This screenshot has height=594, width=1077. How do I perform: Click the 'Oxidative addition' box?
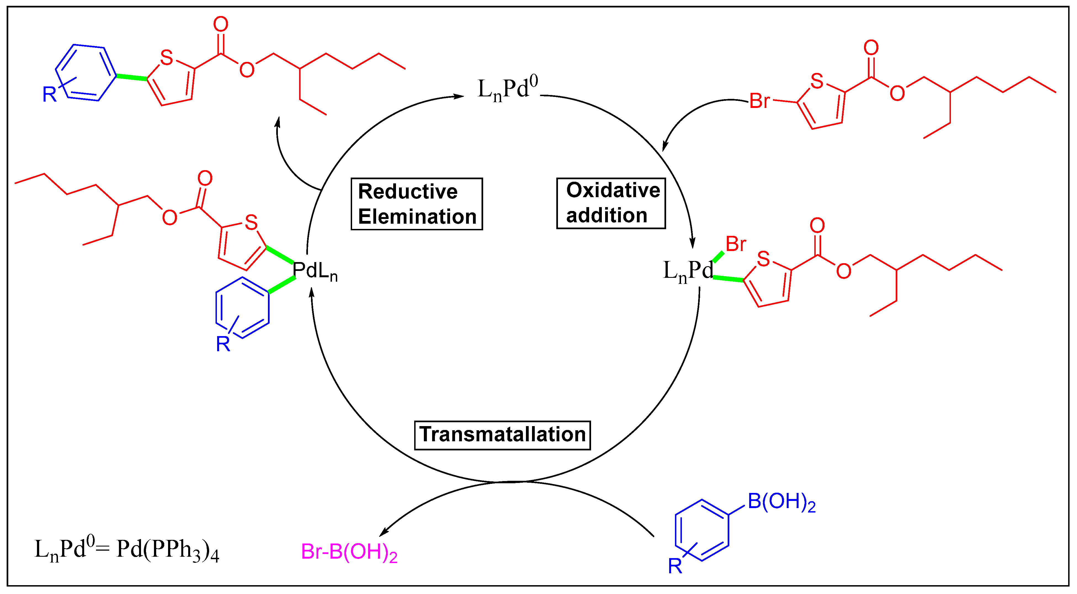(x=611, y=203)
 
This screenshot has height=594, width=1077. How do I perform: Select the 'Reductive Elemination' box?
(x=417, y=204)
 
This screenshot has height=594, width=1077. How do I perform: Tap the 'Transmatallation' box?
(x=502, y=435)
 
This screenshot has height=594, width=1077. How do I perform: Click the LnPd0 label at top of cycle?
(x=507, y=88)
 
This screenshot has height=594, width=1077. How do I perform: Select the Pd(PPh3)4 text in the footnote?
(x=167, y=550)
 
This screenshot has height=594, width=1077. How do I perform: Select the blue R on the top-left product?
(x=49, y=94)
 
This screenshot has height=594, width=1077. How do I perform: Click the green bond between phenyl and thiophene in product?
(x=131, y=77)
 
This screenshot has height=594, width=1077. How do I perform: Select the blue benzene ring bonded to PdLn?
(x=243, y=307)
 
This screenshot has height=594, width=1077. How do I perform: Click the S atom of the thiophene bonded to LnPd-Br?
(x=764, y=259)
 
